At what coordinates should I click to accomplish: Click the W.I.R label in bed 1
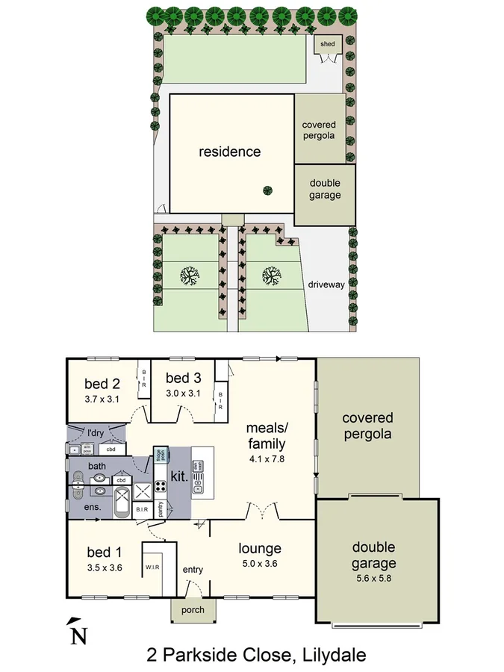click(155, 566)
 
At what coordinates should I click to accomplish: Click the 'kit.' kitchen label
click(178, 475)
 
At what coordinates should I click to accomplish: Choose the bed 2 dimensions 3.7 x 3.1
click(102, 399)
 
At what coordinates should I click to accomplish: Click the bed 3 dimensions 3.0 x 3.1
click(184, 392)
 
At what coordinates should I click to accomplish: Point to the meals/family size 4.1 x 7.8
click(268, 458)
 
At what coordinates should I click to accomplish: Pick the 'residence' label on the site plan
click(230, 152)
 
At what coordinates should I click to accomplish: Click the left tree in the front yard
click(190, 276)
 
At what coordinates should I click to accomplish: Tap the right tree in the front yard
click(273, 276)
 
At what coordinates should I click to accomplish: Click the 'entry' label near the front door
click(193, 570)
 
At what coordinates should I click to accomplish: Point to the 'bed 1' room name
click(104, 553)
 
